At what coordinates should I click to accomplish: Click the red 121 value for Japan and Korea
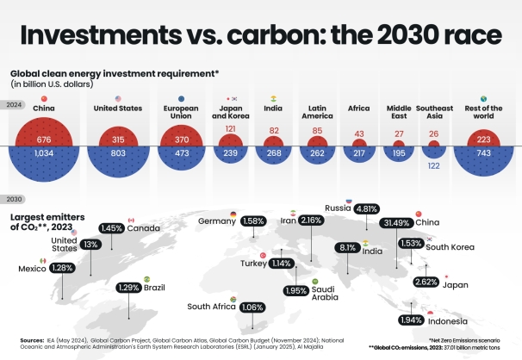click(x=231, y=129)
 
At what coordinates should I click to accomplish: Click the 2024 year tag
click(x=14, y=105)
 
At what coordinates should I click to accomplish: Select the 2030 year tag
click(x=14, y=199)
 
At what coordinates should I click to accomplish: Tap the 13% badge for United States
click(x=90, y=245)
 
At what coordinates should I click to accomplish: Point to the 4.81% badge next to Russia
click(x=367, y=208)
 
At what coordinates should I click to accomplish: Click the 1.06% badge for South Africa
click(x=253, y=307)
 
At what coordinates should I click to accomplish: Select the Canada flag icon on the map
click(x=131, y=220)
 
